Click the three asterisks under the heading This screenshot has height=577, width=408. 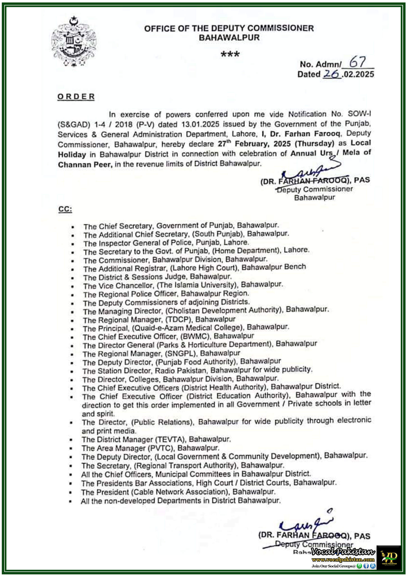230,54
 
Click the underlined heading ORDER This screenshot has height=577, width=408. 76,97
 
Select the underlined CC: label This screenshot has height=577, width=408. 65,209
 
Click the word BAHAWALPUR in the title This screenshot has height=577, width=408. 229,38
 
